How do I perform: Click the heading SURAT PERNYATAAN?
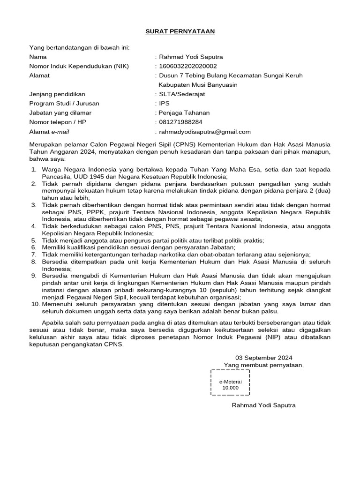point(180,31)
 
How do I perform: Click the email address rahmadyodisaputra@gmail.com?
point(205,132)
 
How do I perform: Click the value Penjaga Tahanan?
point(184,112)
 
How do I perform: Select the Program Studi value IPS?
point(165,103)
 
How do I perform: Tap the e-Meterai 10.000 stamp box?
point(230,382)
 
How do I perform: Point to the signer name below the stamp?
point(264,405)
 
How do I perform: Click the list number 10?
point(34,304)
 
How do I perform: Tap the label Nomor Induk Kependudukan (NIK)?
point(79,66)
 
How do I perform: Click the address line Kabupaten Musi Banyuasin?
point(198,85)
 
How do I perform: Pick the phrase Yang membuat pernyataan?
point(263,365)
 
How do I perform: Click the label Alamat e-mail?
point(48,132)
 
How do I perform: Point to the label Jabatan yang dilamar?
point(60,112)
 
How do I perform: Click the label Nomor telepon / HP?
point(58,122)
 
